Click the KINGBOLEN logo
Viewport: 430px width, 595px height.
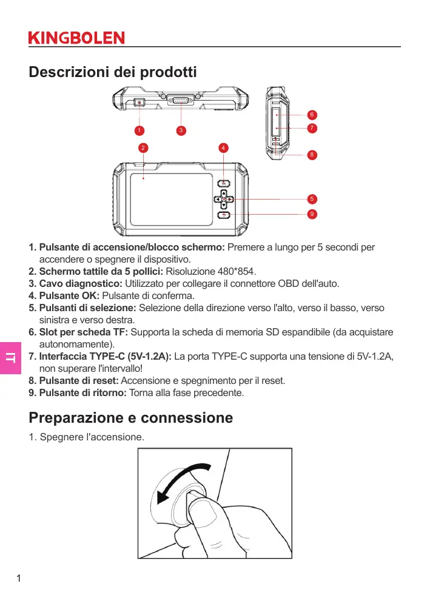(76, 38)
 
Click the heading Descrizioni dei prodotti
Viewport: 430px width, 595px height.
(113, 73)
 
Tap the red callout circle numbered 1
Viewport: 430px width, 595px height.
(139, 130)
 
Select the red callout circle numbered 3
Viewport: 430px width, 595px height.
(181, 130)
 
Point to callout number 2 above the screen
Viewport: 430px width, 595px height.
(143, 147)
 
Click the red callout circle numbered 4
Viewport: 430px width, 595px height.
(224, 147)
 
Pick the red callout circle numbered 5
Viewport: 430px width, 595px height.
(311, 199)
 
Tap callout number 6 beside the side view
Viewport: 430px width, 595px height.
(311, 115)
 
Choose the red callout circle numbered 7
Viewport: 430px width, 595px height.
(311, 128)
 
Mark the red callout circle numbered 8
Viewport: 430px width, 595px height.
(311, 155)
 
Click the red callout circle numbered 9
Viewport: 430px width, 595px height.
(311, 214)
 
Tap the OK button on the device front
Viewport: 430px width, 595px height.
(224, 183)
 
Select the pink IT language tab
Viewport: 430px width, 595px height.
(11, 358)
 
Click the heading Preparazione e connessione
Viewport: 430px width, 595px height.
(131, 418)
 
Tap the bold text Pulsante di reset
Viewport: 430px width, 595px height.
(79, 381)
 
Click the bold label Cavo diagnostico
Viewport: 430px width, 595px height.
(80, 283)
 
